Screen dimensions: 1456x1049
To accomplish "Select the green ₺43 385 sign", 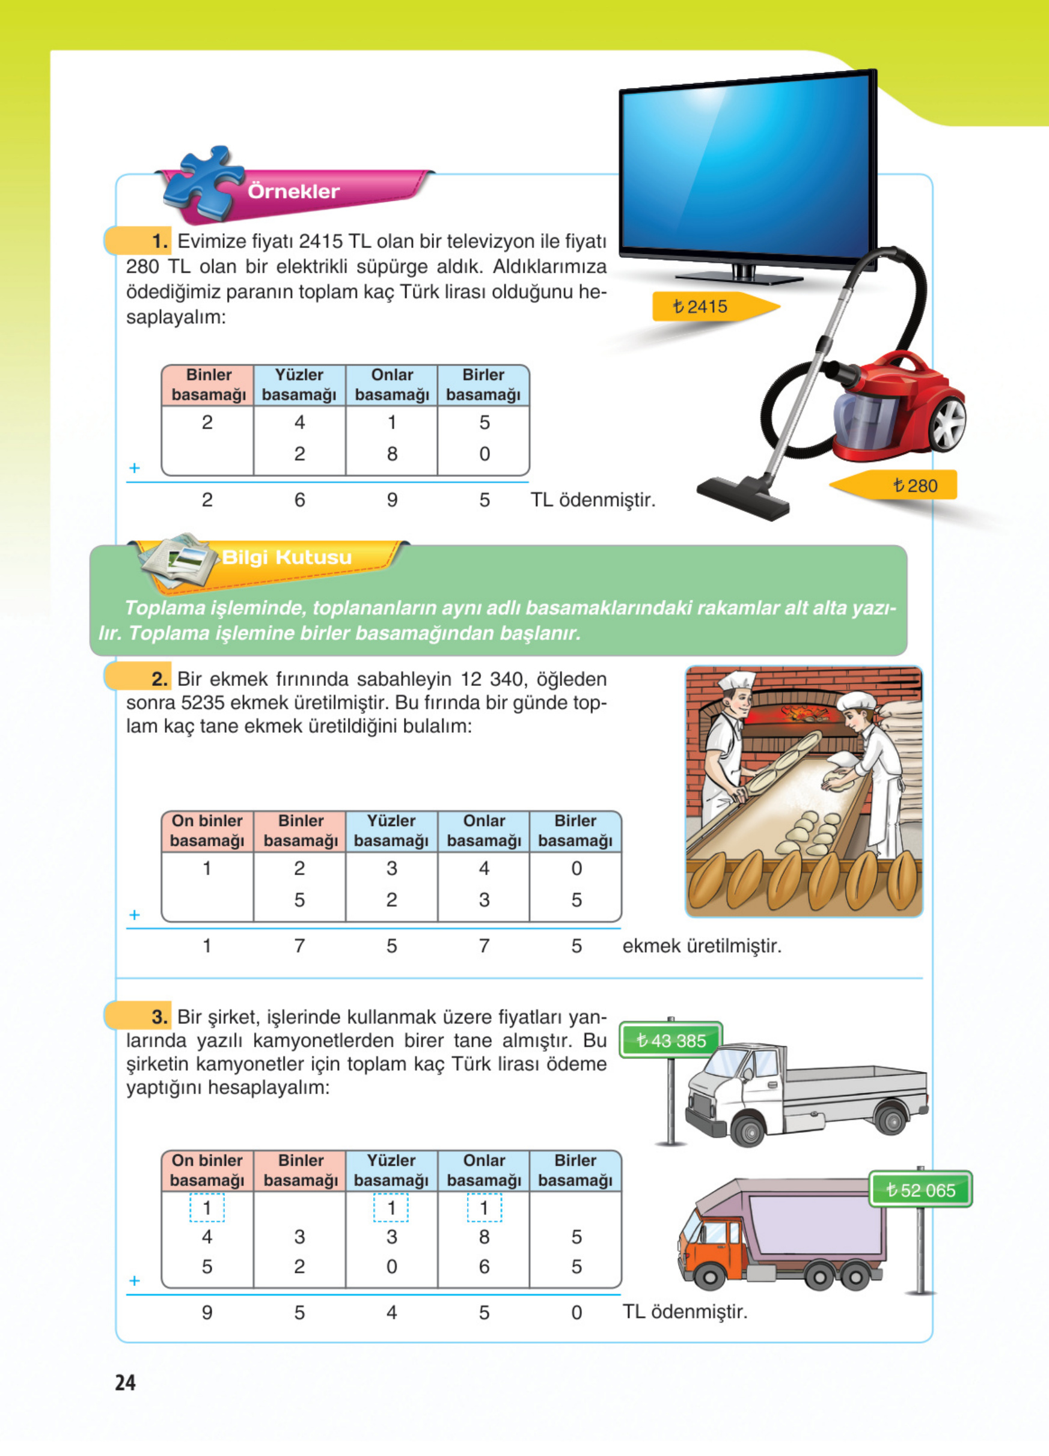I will tap(671, 1040).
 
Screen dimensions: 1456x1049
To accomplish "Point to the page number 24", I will tap(125, 1382).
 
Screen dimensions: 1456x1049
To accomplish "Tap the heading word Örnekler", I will tap(293, 191).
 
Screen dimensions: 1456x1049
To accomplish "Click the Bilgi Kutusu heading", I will tap(287, 557).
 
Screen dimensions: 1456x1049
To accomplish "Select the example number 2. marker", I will tap(159, 679).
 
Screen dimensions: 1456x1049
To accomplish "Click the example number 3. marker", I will tap(159, 1017).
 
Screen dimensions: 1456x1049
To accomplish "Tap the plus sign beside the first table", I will tap(134, 467).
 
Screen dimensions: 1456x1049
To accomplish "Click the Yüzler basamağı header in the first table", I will tap(299, 384).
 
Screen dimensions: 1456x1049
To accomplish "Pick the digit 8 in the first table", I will tap(392, 454).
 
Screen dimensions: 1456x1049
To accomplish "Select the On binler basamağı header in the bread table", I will tap(207, 830).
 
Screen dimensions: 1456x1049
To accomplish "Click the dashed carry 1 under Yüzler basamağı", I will tap(391, 1208).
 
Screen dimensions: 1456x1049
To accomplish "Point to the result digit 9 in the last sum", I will tap(207, 1312).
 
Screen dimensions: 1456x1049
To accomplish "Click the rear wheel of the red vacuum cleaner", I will tap(947, 424).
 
